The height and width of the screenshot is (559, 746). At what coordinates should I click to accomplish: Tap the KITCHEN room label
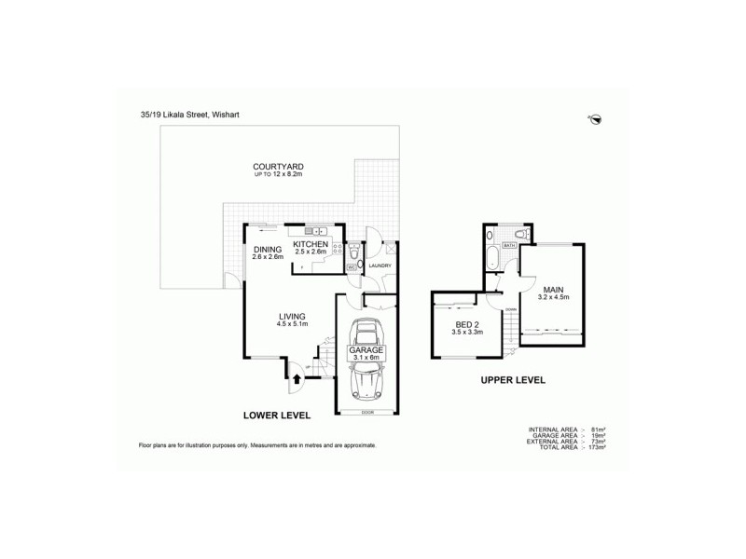310,243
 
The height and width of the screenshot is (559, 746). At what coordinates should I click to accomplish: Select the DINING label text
269,249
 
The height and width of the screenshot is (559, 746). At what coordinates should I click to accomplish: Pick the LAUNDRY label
379,266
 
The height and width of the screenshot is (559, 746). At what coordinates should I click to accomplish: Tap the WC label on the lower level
351,267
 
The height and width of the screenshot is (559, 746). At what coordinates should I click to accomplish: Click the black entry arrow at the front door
297,378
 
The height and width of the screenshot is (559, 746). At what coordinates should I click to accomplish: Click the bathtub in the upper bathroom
490,259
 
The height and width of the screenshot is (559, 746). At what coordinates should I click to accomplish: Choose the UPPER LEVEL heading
512,380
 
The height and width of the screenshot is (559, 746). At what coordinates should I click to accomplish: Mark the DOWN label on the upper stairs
511,308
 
